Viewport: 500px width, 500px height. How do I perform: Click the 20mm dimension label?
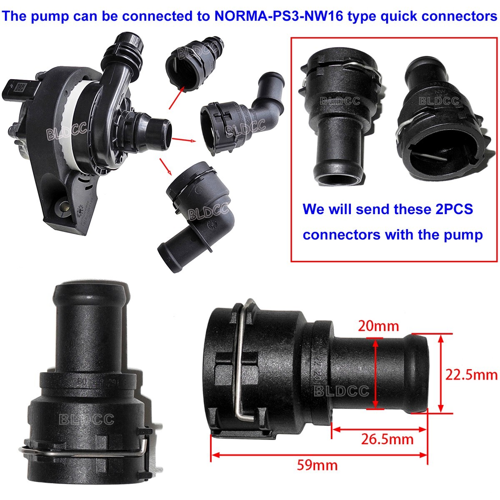378,326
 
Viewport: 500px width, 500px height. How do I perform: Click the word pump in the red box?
462,235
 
